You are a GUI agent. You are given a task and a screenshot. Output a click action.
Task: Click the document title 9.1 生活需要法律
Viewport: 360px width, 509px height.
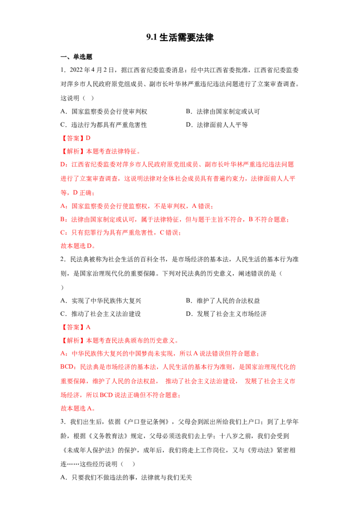(180, 38)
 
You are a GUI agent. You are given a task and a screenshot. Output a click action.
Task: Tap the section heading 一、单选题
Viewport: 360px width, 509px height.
(76, 57)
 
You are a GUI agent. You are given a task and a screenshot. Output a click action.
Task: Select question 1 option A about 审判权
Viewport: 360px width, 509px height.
(104, 112)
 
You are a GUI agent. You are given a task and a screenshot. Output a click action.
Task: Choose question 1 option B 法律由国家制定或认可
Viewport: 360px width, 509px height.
(223, 112)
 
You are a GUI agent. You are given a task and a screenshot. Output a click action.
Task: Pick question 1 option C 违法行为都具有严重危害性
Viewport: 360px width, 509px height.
(104, 125)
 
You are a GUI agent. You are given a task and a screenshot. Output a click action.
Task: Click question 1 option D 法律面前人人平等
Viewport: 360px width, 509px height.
(217, 125)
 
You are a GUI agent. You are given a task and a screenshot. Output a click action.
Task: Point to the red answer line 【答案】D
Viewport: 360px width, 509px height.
(76, 138)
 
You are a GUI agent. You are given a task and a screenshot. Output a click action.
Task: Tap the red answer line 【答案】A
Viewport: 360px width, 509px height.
(76, 327)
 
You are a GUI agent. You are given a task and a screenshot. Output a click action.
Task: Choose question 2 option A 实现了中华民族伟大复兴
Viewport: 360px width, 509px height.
(101, 301)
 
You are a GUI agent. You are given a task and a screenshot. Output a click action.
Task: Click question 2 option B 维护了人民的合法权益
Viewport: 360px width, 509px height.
(223, 301)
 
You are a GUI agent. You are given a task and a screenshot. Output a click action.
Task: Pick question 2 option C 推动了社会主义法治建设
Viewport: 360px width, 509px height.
(101, 314)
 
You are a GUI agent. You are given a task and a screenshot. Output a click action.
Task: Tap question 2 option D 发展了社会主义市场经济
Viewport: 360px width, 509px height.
(226, 314)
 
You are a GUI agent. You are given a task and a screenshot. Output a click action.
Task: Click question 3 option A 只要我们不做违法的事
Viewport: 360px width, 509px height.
(126, 478)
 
